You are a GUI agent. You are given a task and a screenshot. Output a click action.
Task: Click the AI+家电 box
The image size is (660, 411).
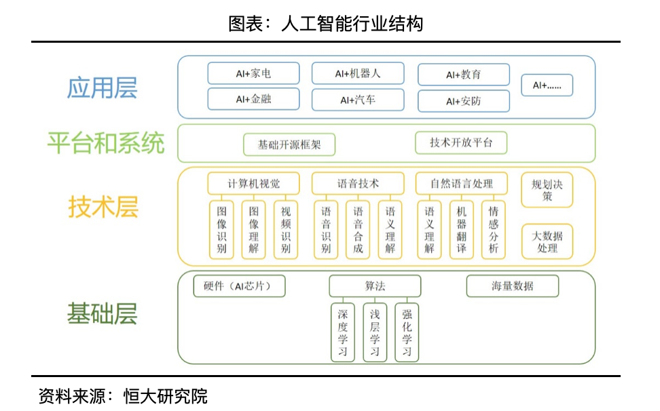(x=253, y=74)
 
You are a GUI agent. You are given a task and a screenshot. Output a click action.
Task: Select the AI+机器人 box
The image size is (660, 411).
(x=358, y=73)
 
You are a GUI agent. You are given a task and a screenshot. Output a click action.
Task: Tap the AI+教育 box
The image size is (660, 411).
(x=464, y=75)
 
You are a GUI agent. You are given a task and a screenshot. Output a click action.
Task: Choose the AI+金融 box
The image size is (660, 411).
(x=253, y=99)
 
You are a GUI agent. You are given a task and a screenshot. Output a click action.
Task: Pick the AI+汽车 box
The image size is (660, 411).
(x=358, y=100)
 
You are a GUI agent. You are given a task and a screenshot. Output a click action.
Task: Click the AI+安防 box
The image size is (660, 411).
(x=464, y=101)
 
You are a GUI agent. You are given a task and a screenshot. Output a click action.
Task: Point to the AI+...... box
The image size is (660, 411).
(x=547, y=85)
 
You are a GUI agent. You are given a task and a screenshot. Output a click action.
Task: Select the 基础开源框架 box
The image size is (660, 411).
(x=289, y=144)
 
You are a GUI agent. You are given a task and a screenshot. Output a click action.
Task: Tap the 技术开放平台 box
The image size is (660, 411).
(x=461, y=143)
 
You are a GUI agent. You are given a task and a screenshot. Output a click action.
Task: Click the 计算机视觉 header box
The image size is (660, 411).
(x=253, y=183)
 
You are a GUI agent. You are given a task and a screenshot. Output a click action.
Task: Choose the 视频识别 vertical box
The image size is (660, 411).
(x=286, y=229)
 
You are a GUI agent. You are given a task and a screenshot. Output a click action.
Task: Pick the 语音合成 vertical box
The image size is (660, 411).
(x=358, y=229)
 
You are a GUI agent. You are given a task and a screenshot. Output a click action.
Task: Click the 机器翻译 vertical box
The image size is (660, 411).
(x=462, y=229)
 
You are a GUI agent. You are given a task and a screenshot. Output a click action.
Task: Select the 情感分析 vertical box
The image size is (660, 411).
(x=494, y=229)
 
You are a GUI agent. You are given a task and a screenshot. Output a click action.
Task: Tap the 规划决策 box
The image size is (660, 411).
(x=547, y=190)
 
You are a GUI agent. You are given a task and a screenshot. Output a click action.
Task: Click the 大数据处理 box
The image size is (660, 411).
(x=547, y=241)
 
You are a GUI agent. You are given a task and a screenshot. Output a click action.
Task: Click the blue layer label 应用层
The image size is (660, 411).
(x=103, y=88)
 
